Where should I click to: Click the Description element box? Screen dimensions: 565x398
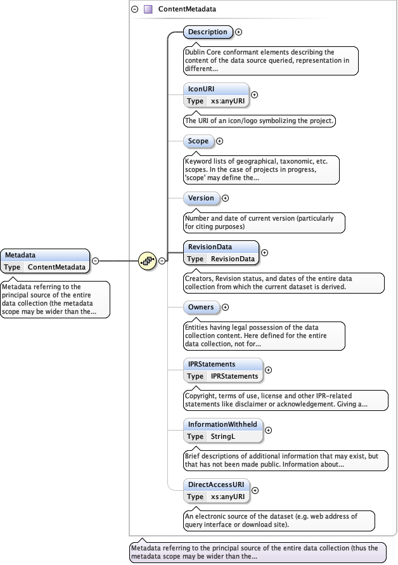[x=207, y=32]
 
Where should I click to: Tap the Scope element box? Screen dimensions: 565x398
[x=198, y=141]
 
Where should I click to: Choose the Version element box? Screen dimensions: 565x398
[x=202, y=198]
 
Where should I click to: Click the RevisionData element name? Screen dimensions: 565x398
[x=210, y=247]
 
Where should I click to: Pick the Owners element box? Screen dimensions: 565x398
[x=202, y=307]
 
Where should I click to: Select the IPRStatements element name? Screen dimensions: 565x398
[x=212, y=364]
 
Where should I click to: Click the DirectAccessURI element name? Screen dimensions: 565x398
[x=215, y=484]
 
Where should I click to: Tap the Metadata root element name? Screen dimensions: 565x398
[x=20, y=255]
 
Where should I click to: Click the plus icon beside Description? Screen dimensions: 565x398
[x=239, y=32]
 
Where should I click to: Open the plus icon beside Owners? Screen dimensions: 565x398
[x=226, y=307]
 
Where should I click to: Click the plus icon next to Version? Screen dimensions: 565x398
[x=226, y=198]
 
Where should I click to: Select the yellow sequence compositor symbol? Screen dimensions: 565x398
[x=147, y=260]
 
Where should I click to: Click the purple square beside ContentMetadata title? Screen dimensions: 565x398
[x=148, y=10]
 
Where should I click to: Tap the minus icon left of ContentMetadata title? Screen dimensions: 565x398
[x=134, y=10]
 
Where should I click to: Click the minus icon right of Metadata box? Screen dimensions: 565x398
[x=95, y=260]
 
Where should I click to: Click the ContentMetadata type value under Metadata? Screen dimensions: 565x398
[x=56, y=267]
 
